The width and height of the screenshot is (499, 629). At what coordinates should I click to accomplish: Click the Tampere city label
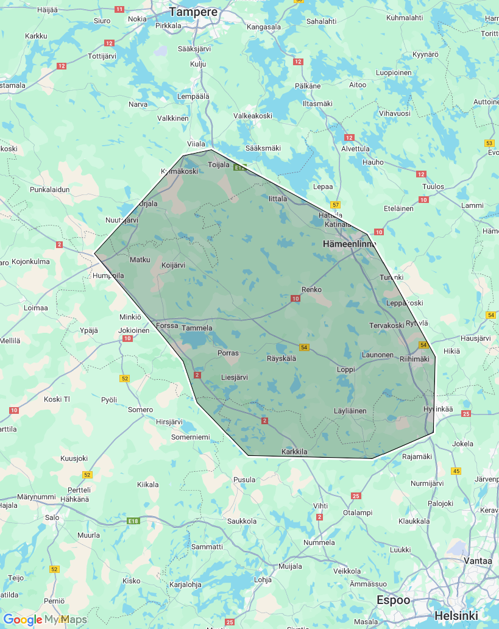194,12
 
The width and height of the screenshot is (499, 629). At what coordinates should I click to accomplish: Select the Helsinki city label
456,616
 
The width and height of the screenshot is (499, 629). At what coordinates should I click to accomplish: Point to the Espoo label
393,600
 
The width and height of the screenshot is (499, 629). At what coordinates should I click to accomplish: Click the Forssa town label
167,325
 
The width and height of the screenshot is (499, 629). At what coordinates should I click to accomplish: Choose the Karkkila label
295,452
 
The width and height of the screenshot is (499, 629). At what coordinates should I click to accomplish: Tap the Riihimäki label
414,359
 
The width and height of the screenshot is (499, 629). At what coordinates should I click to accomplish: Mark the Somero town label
141,410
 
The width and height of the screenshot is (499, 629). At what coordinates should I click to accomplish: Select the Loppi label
346,369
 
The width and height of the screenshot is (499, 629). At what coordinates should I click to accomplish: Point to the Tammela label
197,328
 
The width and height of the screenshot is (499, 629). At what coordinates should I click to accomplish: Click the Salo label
52,517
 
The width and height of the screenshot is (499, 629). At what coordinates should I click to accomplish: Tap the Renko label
311,290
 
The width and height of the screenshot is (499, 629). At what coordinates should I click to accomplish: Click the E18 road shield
134,521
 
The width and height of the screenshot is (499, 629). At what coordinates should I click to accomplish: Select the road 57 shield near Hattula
334,204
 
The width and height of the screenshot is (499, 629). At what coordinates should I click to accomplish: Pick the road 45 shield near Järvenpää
456,471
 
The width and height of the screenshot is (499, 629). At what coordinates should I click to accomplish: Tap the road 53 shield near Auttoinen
489,143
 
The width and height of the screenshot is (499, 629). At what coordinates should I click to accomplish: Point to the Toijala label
218,165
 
